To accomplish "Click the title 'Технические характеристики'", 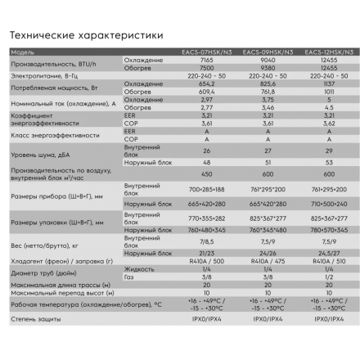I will click(x=80, y=35).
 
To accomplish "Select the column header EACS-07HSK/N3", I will click(x=206, y=52).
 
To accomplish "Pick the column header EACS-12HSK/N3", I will click(x=328, y=52).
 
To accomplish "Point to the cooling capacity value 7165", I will click(x=206, y=60).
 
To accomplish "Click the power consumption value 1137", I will click(x=328, y=83).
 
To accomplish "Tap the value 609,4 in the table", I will click(x=206, y=91).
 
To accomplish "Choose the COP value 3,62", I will click(x=328, y=123).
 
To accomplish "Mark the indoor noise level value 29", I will click(x=328, y=151).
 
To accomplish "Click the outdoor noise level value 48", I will click(x=206, y=162).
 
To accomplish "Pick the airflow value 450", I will click(x=206, y=173).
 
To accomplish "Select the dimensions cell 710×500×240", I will click(x=328, y=203).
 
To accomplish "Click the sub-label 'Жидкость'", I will click(x=138, y=268).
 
